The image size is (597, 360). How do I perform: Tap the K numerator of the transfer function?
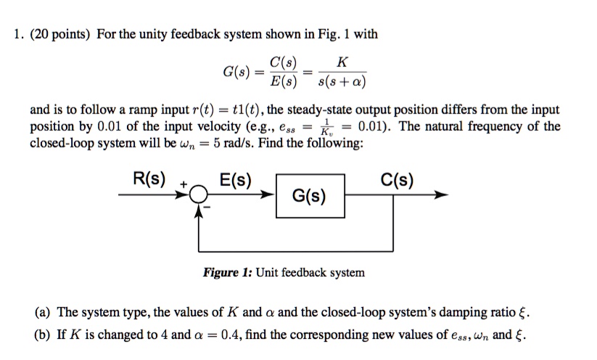[x=341, y=62]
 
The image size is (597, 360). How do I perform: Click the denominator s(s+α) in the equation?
[x=341, y=80]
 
